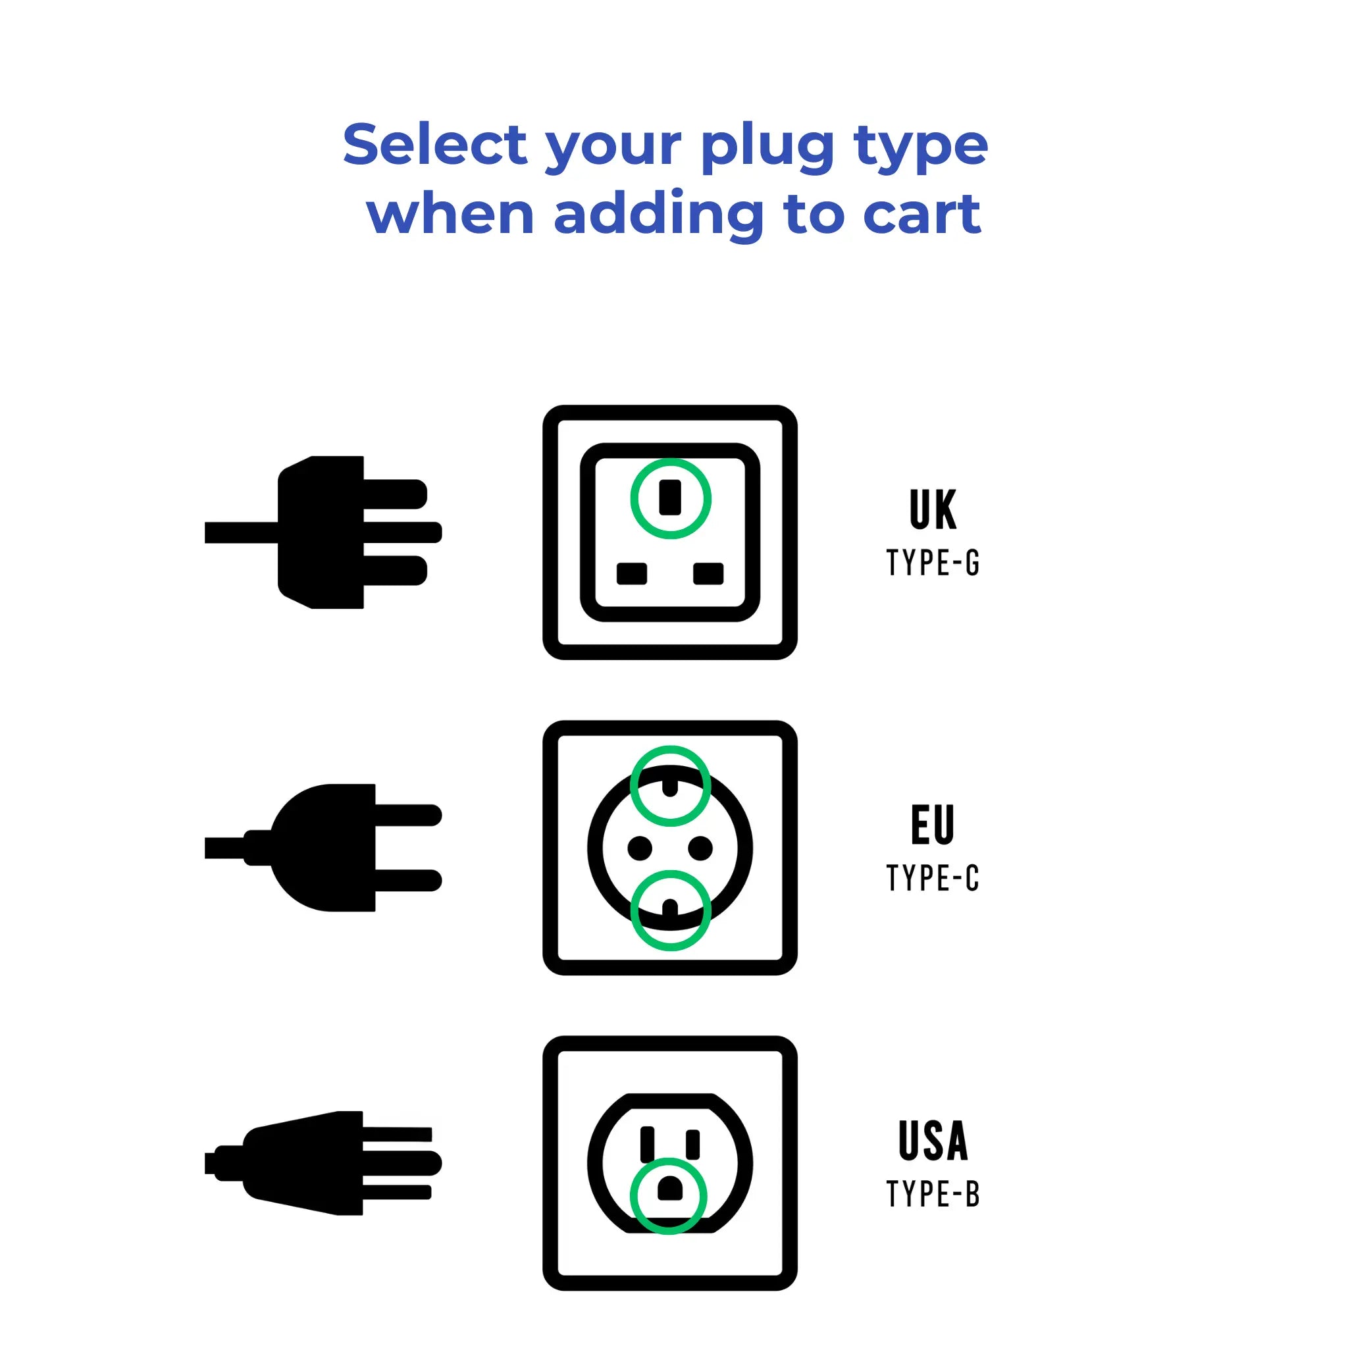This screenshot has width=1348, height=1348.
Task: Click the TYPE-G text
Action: (933, 562)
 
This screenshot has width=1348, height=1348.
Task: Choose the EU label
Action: (933, 825)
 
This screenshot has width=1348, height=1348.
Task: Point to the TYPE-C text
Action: (933, 878)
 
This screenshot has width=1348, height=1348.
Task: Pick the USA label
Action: (933, 1141)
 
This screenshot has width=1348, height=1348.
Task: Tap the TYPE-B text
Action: (933, 1194)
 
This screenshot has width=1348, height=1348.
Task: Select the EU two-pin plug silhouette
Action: (328, 848)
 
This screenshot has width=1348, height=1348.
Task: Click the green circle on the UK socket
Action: (671, 498)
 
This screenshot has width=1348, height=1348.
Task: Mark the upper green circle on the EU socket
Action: (671, 786)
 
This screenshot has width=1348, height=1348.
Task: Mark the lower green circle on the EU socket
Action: (671, 910)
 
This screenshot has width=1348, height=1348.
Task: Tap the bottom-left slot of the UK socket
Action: (631, 573)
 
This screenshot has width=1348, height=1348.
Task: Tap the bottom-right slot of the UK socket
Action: (708, 573)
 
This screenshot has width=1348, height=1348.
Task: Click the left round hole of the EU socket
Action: (640, 848)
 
